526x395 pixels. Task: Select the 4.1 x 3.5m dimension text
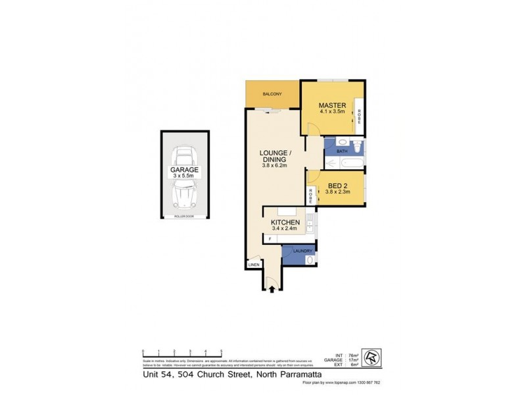point(332,113)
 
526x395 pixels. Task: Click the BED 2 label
point(338,186)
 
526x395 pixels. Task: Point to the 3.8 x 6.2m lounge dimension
point(274,166)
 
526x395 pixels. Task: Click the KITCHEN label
point(285,223)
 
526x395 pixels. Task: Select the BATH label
point(342,151)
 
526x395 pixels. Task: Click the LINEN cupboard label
point(254,265)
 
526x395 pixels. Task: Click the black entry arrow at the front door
point(272,287)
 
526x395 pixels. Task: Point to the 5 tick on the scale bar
point(221,352)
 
